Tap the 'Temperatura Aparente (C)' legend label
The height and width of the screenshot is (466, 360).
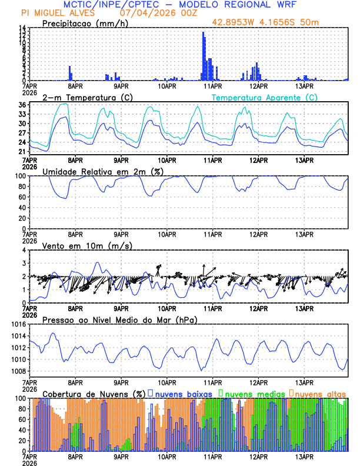265,97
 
